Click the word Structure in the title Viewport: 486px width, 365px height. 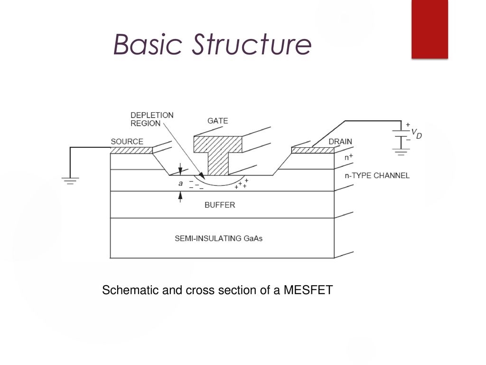pyautogui.click(x=252, y=44)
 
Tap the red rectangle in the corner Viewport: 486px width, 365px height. pyautogui.click(x=430, y=29)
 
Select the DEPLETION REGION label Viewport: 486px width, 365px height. pyautogui.click(x=152, y=119)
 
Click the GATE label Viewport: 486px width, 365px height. pyautogui.click(x=217, y=121)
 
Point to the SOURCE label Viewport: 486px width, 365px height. pyautogui.click(x=127, y=142)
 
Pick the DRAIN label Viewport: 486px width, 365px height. pyautogui.click(x=340, y=142)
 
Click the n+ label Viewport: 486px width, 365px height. pyautogui.click(x=349, y=157)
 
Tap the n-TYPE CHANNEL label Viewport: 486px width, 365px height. pyautogui.click(x=377, y=176)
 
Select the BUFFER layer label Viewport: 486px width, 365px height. pyautogui.click(x=220, y=205)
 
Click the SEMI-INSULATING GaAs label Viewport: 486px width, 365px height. pyautogui.click(x=218, y=239)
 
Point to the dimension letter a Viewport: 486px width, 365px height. pyautogui.click(x=180, y=183)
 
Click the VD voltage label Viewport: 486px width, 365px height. pyautogui.click(x=417, y=134)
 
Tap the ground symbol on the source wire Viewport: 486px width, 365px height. pyautogui.click(x=70, y=181)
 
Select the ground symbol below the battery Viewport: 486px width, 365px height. pyautogui.click(x=401, y=152)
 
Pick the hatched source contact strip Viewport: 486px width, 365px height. pyautogui.click(x=131, y=150)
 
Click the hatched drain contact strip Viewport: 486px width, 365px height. pyautogui.click(x=313, y=150)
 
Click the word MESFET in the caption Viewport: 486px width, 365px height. pyautogui.click(x=308, y=290)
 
